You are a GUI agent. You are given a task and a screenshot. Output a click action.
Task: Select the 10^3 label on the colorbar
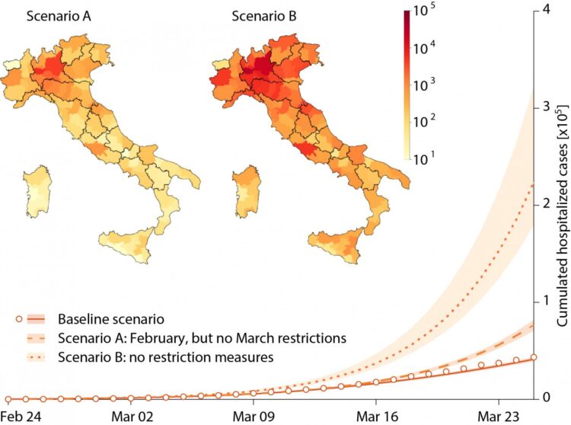pyautogui.click(x=429, y=88)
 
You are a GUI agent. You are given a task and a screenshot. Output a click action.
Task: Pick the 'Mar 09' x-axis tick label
pyautogui.click(x=255, y=416)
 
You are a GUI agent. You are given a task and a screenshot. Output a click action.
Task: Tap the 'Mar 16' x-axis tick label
pyautogui.click(x=376, y=416)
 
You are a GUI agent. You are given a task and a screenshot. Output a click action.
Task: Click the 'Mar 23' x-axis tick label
pyautogui.click(x=498, y=416)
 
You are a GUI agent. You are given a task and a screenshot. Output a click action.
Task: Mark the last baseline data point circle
pyautogui.click(x=534, y=357)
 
